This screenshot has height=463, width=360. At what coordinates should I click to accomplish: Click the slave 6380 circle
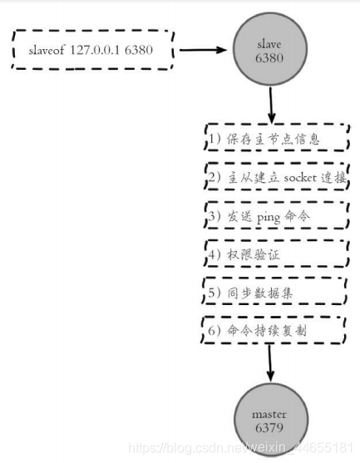click(x=270, y=49)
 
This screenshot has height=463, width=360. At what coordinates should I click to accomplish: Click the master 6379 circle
click(x=271, y=420)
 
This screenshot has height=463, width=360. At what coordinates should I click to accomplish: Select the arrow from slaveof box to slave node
click(x=203, y=50)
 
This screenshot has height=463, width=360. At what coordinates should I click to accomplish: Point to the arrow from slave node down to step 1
click(x=271, y=105)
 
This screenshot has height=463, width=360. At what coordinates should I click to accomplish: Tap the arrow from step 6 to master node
click(x=270, y=363)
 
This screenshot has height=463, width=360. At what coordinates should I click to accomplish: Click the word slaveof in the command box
click(x=47, y=50)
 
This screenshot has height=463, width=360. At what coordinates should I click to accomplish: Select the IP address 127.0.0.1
click(x=95, y=50)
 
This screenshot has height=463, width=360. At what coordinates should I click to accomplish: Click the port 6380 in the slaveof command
click(x=139, y=50)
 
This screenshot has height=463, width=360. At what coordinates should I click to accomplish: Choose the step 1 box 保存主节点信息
click(x=277, y=138)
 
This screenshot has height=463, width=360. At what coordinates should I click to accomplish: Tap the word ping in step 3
click(x=268, y=218)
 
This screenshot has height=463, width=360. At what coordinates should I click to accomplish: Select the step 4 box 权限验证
click(x=276, y=254)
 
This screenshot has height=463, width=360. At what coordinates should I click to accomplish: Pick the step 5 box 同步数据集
click(x=274, y=291)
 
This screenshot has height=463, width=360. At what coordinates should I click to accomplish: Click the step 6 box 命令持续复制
click(x=273, y=330)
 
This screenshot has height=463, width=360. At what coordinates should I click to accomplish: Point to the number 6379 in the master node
click(x=269, y=427)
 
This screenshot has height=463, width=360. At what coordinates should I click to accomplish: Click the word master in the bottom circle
click(x=269, y=415)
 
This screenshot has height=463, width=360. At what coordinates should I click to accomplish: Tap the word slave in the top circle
click(x=269, y=44)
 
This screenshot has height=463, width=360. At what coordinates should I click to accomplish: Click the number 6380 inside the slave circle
click(x=269, y=57)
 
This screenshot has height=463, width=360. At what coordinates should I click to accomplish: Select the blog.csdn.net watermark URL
click(x=240, y=448)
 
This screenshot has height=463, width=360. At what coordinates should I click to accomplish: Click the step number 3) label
click(x=215, y=216)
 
